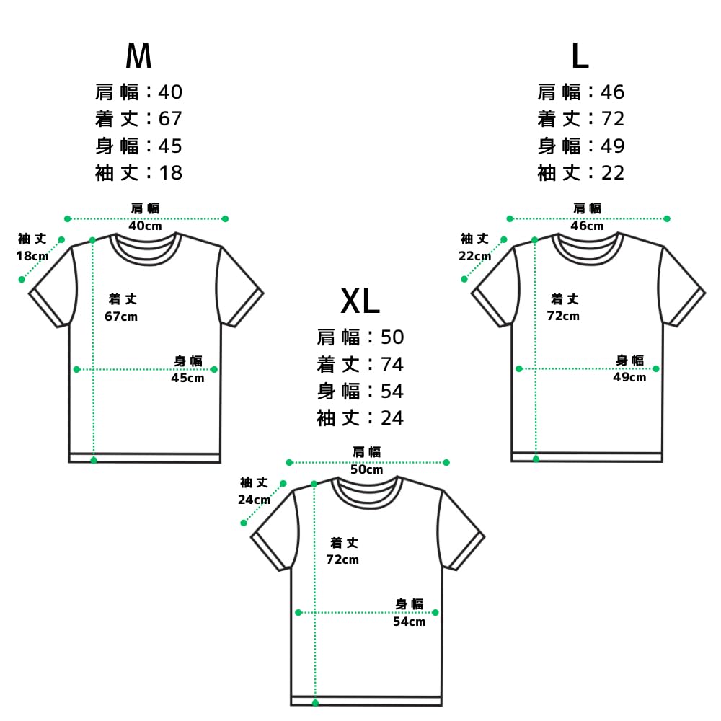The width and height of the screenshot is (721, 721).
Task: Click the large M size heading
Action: pos(138,56)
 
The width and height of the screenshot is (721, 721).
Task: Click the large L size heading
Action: pos(580,56)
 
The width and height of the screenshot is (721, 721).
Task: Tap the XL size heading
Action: pos(360,301)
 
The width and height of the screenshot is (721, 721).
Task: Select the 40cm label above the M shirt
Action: pos(146,226)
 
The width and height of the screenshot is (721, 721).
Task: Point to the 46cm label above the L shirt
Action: pos(587,226)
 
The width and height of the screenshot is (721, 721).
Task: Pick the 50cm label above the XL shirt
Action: pos(366,469)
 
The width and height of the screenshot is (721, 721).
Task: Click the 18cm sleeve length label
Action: pos(32,256)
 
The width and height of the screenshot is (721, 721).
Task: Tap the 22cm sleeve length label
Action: pos(474,256)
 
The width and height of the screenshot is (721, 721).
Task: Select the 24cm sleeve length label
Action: pos(254,500)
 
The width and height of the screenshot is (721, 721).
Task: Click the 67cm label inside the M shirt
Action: pos(121,317)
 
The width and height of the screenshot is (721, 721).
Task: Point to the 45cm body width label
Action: pos(187,378)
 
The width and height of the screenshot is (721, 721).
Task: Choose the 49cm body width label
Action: pos(629,378)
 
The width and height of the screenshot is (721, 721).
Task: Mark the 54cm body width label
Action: pos(409,622)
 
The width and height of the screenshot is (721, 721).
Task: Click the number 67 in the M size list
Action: pos(170,119)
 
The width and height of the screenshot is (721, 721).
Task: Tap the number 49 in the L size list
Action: pos(612,146)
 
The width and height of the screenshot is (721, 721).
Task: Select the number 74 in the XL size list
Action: pos(392,365)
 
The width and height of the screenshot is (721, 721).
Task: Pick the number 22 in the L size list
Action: pos(612,173)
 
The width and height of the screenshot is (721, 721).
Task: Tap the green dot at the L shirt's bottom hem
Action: pos(536,459)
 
